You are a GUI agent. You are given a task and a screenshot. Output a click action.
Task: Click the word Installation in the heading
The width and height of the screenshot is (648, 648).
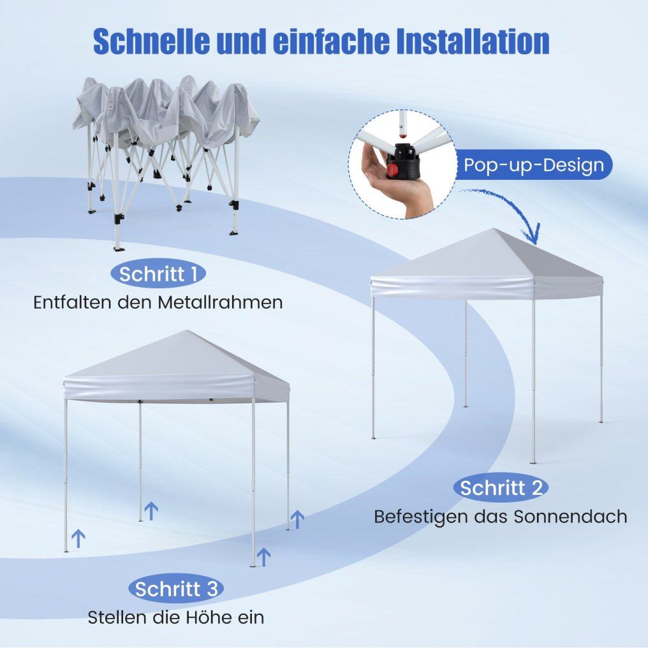[473, 41]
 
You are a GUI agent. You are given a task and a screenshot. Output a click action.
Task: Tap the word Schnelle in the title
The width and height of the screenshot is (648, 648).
[151, 41]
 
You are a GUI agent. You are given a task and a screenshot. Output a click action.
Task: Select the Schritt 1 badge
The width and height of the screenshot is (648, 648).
[158, 274]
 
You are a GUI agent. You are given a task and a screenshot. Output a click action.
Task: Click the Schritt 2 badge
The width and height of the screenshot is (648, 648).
[501, 488]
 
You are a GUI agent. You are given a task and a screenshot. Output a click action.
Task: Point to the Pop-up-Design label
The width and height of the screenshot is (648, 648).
[534, 165]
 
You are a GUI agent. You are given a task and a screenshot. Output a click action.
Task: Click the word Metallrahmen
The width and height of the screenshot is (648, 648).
[220, 302]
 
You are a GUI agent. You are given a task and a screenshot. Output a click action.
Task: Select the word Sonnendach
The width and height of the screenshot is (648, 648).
[571, 516]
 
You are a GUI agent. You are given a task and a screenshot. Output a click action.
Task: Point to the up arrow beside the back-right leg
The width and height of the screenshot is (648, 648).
[298, 519]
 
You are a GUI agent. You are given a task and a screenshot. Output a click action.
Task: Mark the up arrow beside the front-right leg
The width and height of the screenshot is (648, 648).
[263, 557]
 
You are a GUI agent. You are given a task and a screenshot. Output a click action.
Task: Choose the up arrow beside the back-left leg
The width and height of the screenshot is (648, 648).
[151, 511]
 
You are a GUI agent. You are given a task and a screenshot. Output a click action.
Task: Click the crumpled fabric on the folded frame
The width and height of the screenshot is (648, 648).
[165, 112]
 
